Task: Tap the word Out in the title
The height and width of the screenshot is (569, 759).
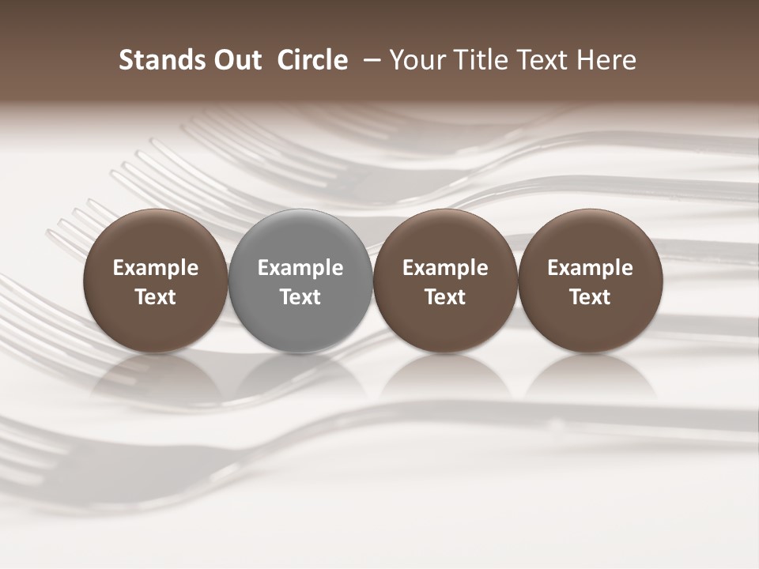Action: click(236, 60)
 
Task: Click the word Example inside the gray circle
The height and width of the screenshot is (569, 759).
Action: click(300, 268)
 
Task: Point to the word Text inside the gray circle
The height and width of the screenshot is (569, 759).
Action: click(300, 297)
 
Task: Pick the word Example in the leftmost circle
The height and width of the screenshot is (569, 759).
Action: click(155, 268)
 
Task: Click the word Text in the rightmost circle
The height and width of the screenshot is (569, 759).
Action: click(591, 297)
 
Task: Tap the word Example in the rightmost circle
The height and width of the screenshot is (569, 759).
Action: click(591, 268)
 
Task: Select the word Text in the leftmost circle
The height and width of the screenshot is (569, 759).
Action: click(155, 297)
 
